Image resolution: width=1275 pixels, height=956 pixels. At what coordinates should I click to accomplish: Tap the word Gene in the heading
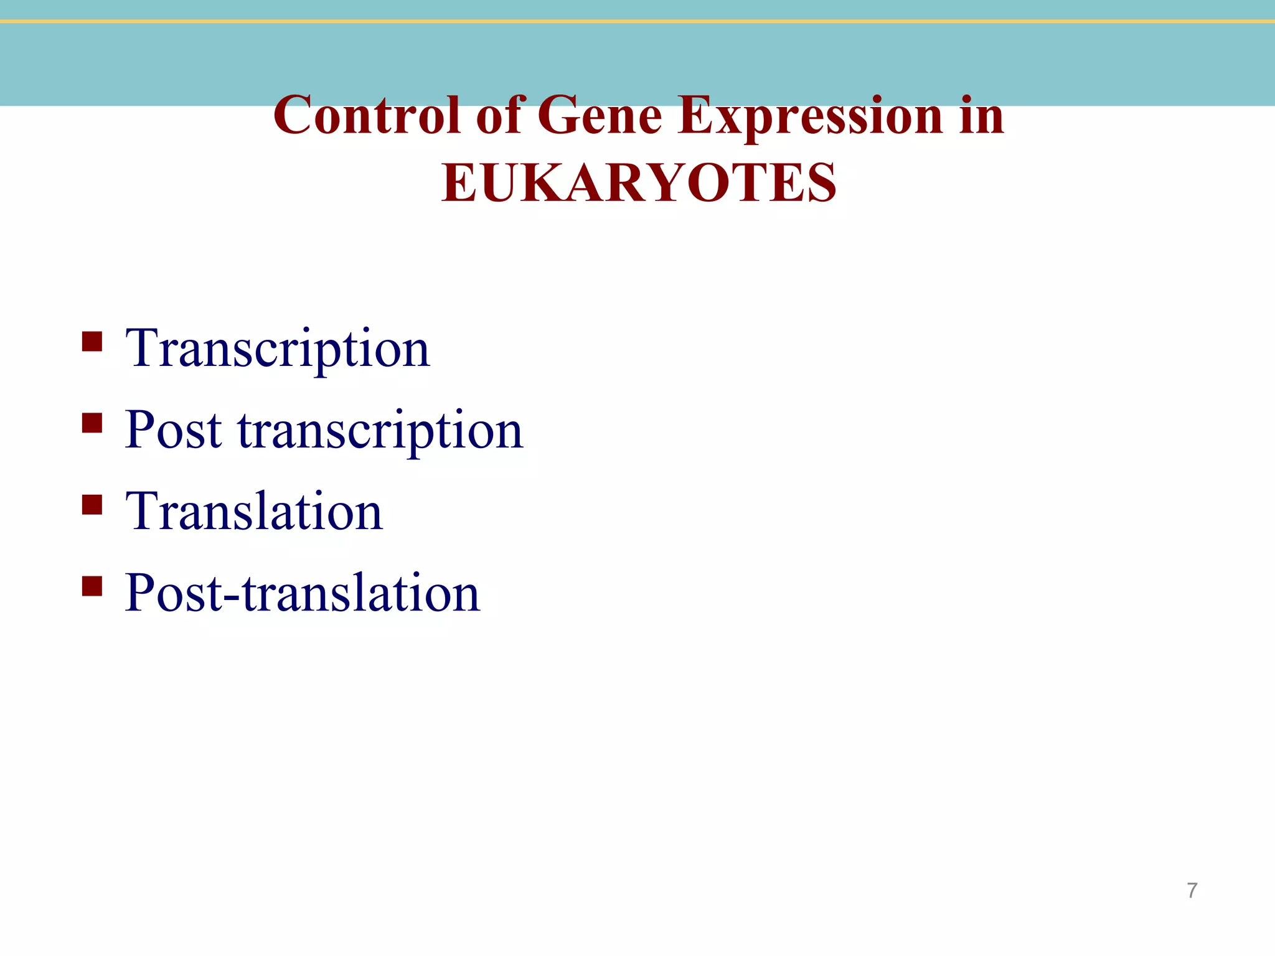(599, 116)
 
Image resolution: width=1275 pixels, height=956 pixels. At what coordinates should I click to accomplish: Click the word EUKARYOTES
(639, 183)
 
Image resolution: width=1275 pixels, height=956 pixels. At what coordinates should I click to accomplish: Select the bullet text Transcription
(277, 349)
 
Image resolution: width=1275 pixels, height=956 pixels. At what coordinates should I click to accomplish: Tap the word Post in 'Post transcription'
(173, 431)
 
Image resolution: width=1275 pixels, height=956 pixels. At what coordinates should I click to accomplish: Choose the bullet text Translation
(254, 512)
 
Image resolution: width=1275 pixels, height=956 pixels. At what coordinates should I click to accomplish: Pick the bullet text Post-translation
(302, 593)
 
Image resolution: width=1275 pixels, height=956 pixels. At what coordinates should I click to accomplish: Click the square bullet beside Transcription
(92, 342)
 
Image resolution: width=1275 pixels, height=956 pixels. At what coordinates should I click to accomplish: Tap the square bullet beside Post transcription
(92, 423)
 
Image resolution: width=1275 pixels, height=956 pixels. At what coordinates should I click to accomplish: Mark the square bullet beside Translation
(92, 505)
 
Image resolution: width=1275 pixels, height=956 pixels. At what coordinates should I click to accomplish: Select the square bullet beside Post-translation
(92, 586)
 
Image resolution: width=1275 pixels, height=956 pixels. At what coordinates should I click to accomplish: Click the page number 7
(1192, 891)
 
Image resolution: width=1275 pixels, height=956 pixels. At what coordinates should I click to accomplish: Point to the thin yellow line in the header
(637, 22)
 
